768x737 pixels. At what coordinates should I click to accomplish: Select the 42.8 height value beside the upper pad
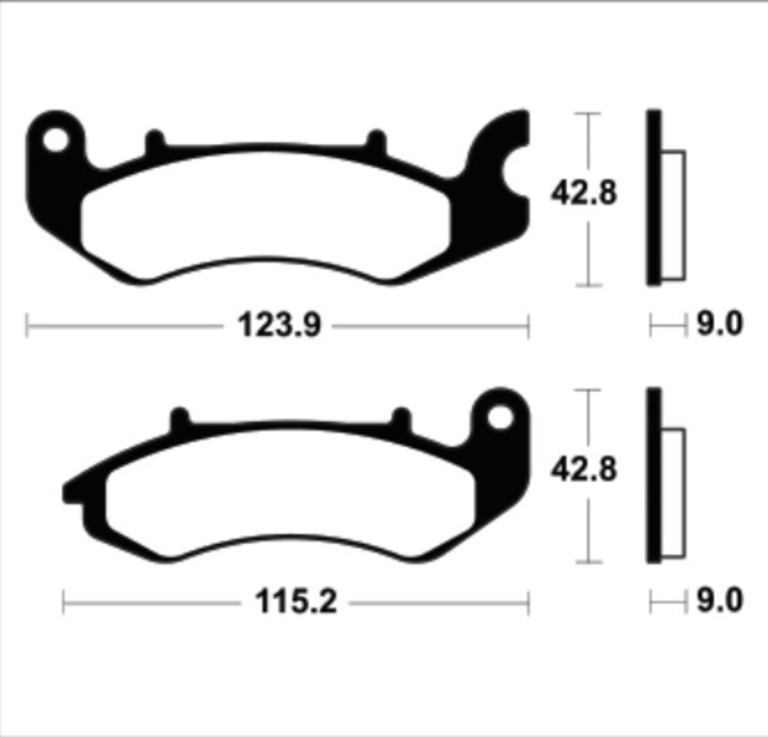[x=583, y=192]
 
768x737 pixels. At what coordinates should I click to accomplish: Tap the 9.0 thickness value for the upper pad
[x=719, y=326]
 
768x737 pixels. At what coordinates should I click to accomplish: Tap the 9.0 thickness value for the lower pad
[x=719, y=602]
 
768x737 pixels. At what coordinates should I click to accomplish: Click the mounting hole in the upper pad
[x=55, y=140]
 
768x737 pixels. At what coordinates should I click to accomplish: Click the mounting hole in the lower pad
[x=501, y=417]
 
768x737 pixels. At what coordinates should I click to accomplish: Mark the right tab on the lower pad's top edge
[x=401, y=420]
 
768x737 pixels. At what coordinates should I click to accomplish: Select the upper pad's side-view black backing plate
[x=654, y=197]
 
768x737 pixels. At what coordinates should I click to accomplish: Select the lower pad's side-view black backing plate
[x=654, y=475]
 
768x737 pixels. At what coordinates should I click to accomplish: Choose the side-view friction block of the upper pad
[x=674, y=216]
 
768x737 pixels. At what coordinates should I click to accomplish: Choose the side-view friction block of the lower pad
[x=674, y=493]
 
